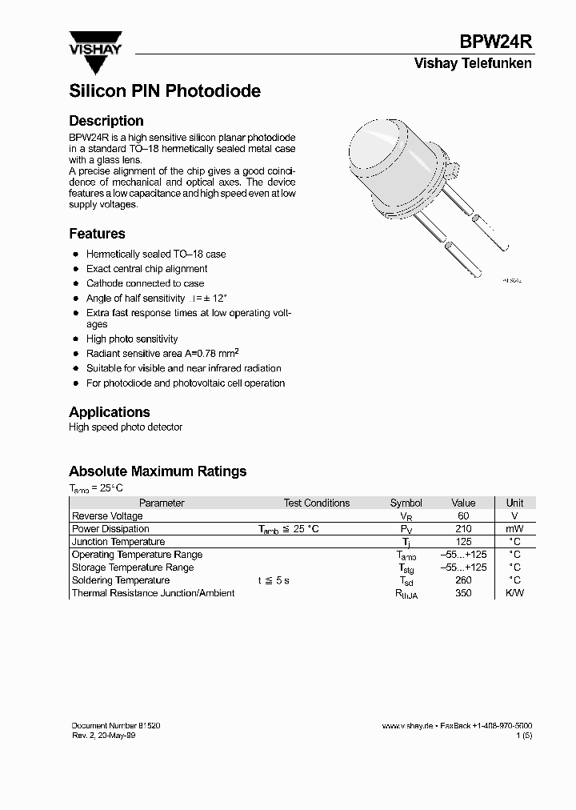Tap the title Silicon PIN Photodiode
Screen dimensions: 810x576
tap(165, 91)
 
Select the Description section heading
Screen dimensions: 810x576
tap(106, 121)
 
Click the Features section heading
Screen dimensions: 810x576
tap(97, 234)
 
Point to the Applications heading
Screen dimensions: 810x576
tap(110, 412)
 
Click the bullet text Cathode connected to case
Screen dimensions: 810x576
tap(145, 283)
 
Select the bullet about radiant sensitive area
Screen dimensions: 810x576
tap(162, 354)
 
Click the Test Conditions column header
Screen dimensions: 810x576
tap(316, 503)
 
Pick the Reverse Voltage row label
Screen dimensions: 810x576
tap(107, 516)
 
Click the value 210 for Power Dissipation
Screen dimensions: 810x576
tap(462, 529)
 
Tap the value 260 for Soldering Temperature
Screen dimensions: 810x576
tap(462, 580)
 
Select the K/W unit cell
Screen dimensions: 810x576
tap(514, 593)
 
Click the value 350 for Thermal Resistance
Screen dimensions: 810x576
tap(462, 593)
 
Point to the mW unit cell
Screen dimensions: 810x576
tap(514, 529)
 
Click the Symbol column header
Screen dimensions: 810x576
tap(406, 503)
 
